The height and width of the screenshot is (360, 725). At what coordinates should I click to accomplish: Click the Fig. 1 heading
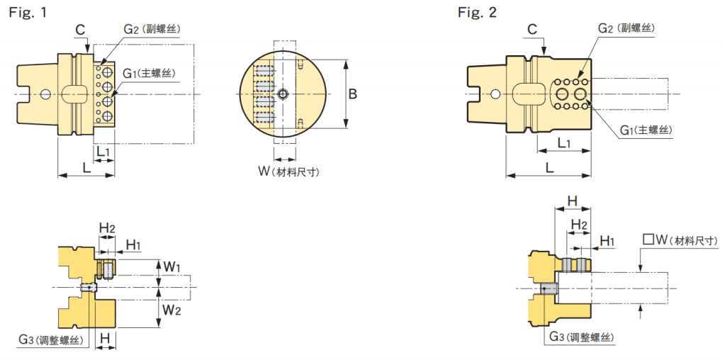tap(28, 12)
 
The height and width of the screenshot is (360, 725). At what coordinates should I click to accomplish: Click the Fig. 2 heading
tap(477, 12)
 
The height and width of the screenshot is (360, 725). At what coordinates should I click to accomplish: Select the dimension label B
tap(353, 94)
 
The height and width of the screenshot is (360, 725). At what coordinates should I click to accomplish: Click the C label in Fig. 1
tap(80, 30)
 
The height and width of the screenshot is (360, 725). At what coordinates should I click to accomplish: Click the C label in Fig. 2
tap(532, 30)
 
